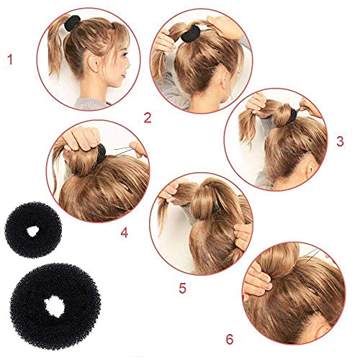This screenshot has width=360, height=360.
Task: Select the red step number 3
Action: pos(339,143)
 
